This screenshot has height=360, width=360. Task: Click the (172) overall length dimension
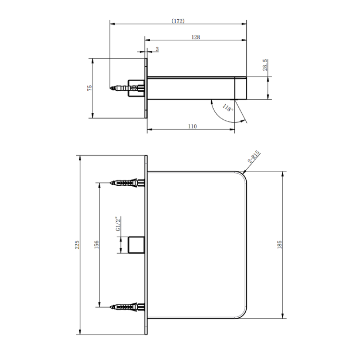tap(178, 21)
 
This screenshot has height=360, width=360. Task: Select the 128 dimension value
tap(195, 37)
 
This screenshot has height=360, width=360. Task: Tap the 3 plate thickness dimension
tap(157, 49)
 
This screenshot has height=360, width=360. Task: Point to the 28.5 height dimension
tap(265, 65)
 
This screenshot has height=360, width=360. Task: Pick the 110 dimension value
tap(192, 126)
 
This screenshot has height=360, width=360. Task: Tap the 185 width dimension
tap(280, 244)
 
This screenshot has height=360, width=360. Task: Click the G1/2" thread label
tap(118, 225)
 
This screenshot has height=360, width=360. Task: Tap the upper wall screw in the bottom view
tap(127, 183)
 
